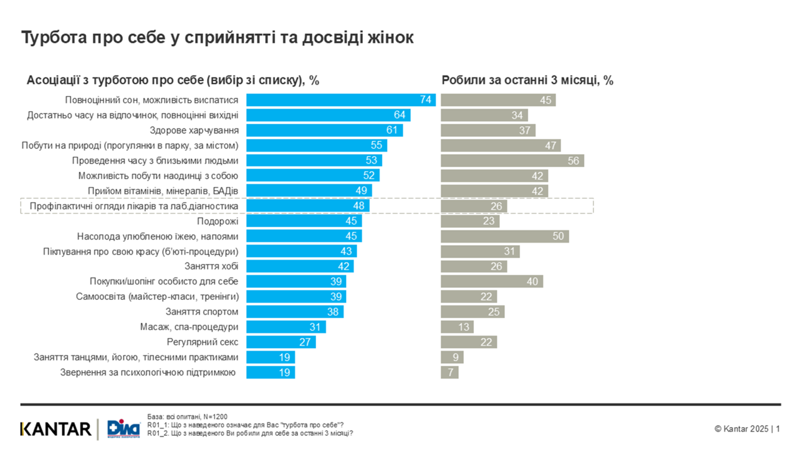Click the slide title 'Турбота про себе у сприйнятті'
(x=217, y=37)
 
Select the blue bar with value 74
(x=340, y=100)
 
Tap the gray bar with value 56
(x=512, y=161)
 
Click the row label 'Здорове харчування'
(x=194, y=130)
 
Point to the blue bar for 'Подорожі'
(x=304, y=221)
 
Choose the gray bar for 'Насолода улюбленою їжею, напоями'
(x=504, y=236)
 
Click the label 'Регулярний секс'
(x=203, y=342)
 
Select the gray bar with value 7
(x=449, y=373)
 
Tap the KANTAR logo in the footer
(x=56, y=429)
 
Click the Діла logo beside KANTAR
(x=123, y=429)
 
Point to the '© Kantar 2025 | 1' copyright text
(x=747, y=429)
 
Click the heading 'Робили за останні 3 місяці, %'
(x=527, y=80)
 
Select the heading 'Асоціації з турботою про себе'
(x=173, y=80)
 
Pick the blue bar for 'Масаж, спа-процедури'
(x=286, y=327)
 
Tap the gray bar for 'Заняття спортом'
(x=472, y=312)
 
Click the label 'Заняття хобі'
(x=211, y=266)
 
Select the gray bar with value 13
(x=457, y=327)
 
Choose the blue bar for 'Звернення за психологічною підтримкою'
(x=271, y=373)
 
